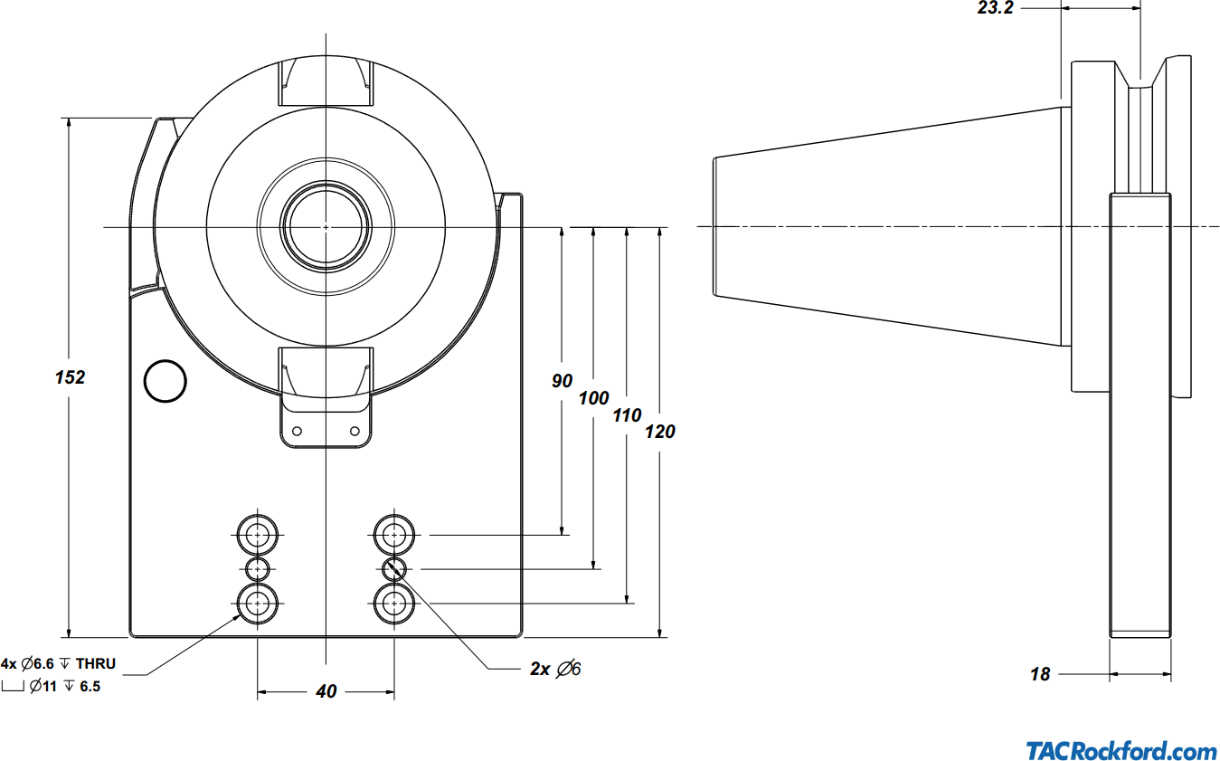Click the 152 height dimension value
click(70, 377)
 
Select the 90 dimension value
click(563, 381)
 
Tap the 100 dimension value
click(594, 398)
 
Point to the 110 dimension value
click(627, 415)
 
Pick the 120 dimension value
click(660, 432)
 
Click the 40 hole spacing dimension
click(326, 691)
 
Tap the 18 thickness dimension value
click(1041, 674)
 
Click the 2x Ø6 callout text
click(555, 670)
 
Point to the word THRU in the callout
click(96, 664)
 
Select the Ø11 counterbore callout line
click(63, 687)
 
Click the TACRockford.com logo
click(1121, 751)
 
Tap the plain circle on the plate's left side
click(166, 382)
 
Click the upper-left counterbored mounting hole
click(259, 536)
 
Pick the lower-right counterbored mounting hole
click(394, 603)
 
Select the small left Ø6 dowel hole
click(259, 569)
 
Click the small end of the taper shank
click(716, 226)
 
